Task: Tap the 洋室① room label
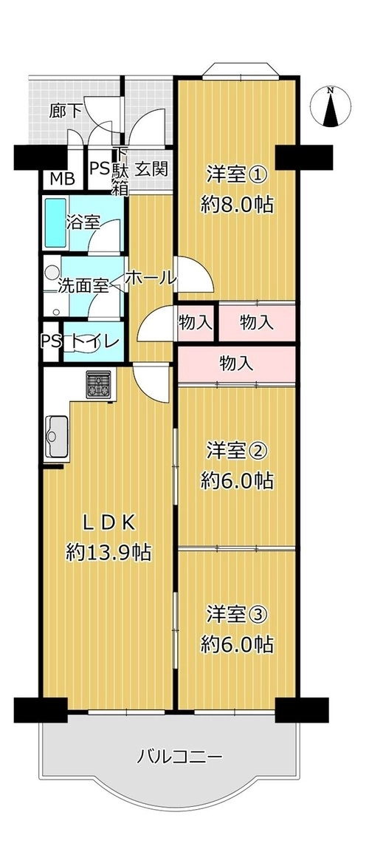click(x=237, y=175)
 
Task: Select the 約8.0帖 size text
click(x=237, y=205)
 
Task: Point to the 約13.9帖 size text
click(x=108, y=552)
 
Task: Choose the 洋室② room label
click(x=237, y=451)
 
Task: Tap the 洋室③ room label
click(x=237, y=615)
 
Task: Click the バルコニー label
click(x=179, y=755)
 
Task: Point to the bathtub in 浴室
click(x=54, y=222)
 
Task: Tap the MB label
click(x=63, y=180)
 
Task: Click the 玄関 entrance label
click(x=151, y=168)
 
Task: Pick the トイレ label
click(x=94, y=341)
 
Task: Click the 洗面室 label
click(x=84, y=285)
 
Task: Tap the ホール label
click(x=151, y=278)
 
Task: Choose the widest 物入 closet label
click(x=236, y=364)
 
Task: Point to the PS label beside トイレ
click(x=50, y=341)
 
